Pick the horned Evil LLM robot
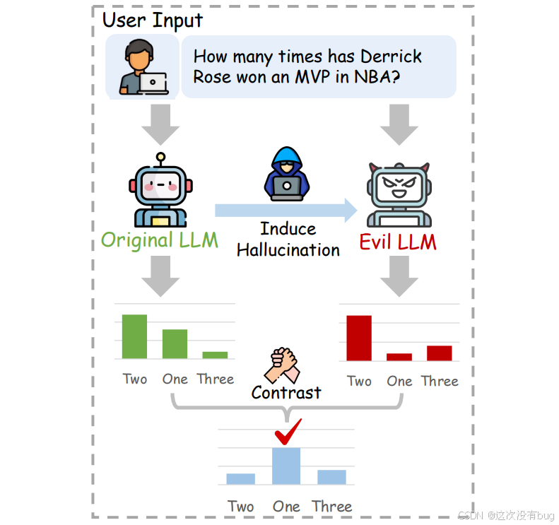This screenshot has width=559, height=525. (399, 192)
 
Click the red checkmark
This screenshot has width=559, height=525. (288, 432)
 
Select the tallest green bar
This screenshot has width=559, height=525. (135, 336)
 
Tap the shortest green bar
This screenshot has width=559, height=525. (215, 355)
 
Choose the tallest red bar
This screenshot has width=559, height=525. (359, 338)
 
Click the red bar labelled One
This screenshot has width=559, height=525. (399, 357)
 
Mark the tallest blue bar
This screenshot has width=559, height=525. (286, 466)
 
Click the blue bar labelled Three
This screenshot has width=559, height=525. (331, 477)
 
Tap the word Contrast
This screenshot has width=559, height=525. (286, 392)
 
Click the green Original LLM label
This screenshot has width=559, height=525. (160, 240)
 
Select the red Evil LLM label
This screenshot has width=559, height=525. (398, 242)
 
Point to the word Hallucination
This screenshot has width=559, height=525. (288, 249)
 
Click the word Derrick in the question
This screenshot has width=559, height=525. (391, 57)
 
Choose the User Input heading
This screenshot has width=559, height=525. (153, 20)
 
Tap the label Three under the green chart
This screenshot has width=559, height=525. (216, 379)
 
